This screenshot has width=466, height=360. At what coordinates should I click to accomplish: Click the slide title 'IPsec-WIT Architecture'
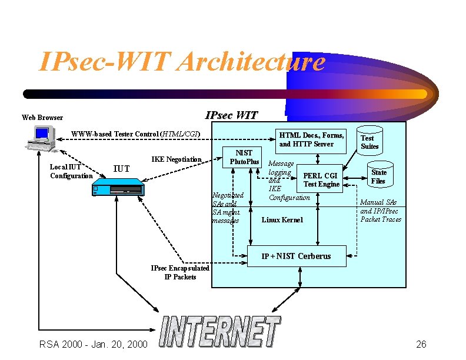[x=181, y=62]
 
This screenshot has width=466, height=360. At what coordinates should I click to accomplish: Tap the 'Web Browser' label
[x=42, y=118]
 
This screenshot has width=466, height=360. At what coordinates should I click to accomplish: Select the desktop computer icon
[x=39, y=139]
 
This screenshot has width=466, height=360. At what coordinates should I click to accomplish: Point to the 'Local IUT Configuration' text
[x=71, y=171]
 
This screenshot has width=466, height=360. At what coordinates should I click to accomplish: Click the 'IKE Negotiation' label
[x=177, y=159]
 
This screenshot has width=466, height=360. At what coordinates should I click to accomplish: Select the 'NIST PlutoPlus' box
[x=244, y=158]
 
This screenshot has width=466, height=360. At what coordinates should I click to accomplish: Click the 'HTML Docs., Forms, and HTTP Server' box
[x=311, y=139]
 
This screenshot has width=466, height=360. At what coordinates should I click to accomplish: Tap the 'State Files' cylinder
[x=379, y=175]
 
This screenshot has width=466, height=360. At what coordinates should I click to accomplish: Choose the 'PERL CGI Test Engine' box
[x=321, y=179]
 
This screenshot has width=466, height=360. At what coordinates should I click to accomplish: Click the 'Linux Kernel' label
[x=282, y=220]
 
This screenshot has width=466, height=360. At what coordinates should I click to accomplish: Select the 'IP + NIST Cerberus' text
[x=296, y=256]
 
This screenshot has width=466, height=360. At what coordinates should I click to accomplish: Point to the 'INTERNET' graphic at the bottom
[x=221, y=332]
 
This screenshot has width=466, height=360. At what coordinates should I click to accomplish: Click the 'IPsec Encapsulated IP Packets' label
[x=180, y=272]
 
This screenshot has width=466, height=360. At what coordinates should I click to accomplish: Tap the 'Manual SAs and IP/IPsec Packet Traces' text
[x=380, y=211]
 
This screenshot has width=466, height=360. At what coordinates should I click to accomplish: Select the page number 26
[x=421, y=344]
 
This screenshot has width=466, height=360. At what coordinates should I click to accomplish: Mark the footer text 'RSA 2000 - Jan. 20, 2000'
[x=93, y=344]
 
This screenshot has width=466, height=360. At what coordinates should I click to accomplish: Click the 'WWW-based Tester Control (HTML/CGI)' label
[x=136, y=134]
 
